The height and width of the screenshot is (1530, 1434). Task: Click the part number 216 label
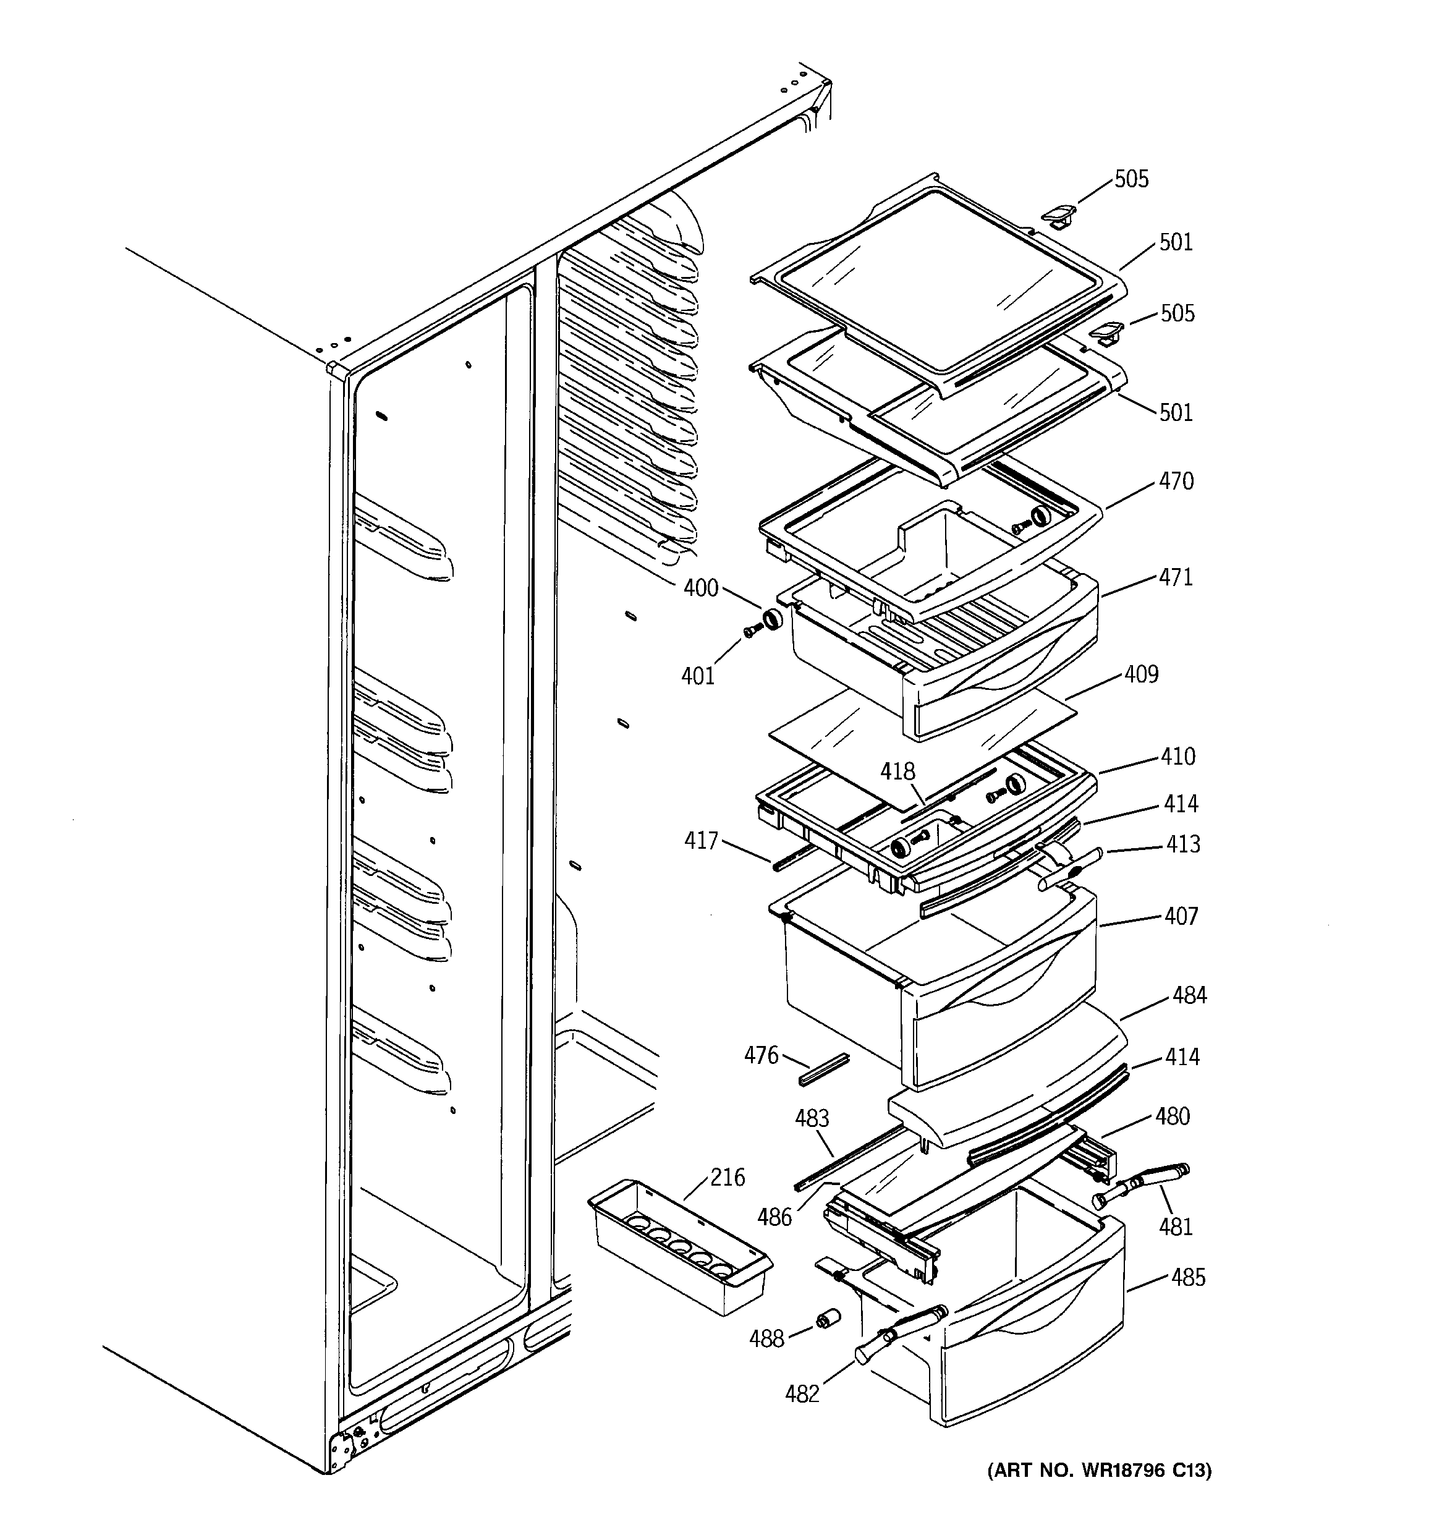[x=728, y=1178]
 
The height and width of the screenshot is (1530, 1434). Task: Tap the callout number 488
[x=766, y=1339]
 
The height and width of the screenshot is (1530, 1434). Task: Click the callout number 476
[x=762, y=1055]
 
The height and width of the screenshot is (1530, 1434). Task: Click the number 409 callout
[x=1141, y=674]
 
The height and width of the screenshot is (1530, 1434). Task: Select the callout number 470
[x=1176, y=481]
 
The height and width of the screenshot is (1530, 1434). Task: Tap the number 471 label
[x=1176, y=577]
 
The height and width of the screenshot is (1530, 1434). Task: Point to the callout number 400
[x=700, y=588]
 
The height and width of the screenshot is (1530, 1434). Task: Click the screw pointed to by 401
[x=751, y=631]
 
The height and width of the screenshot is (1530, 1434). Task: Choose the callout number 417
[x=701, y=841]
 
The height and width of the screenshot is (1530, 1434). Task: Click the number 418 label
[x=897, y=771]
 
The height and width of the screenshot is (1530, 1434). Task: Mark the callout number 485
[x=1188, y=1278]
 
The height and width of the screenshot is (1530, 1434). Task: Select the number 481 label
[x=1176, y=1226]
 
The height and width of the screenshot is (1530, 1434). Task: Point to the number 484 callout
[x=1189, y=995]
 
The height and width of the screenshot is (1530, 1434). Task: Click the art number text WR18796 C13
[x=1098, y=1471]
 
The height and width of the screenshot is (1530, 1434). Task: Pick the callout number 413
[x=1182, y=844]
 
